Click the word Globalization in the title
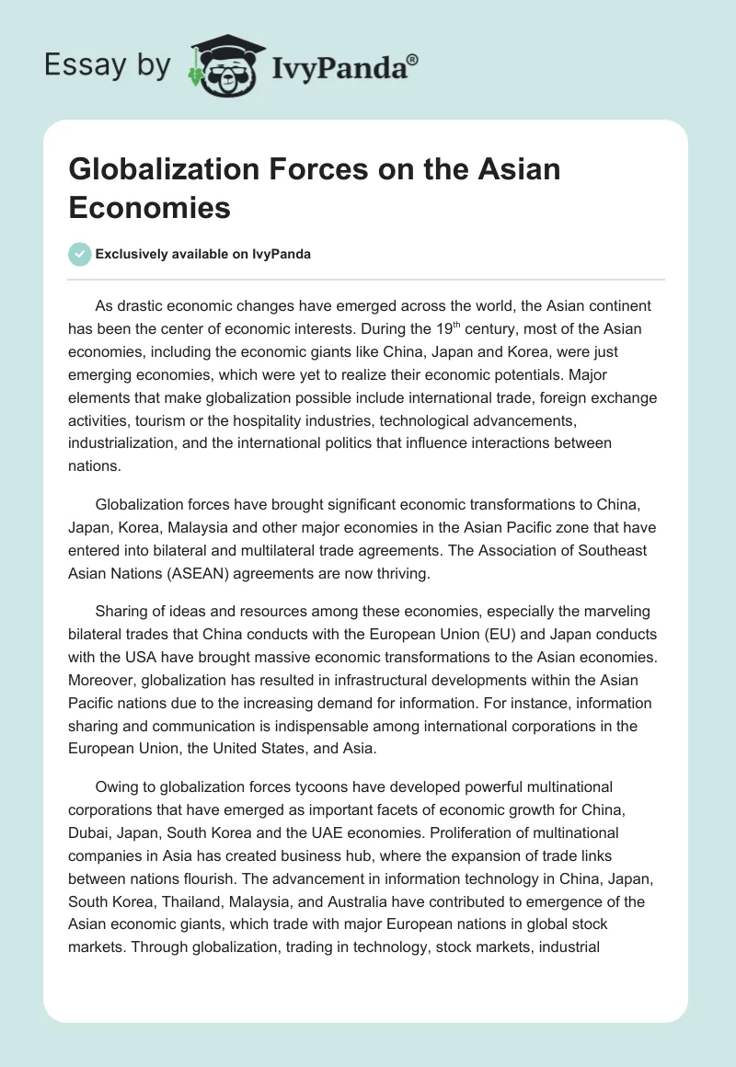tap(155, 169)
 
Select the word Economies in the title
tap(149, 207)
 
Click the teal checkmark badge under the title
tap(79, 254)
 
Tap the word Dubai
tap(91, 832)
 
